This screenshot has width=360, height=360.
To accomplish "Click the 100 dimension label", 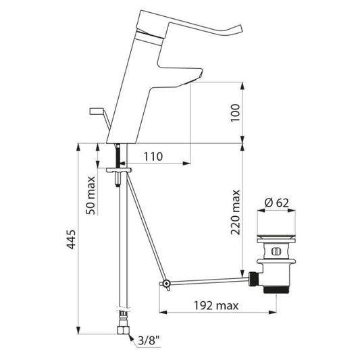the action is (235, 113).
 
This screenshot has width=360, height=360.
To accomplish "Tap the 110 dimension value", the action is (153, 157).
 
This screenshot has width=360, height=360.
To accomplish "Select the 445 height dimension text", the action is (71, 239).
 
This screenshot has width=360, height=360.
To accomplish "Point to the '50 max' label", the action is (91, 195).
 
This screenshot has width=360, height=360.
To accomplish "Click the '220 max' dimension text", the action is (235, 212).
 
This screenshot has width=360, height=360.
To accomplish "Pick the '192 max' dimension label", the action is (216, 305).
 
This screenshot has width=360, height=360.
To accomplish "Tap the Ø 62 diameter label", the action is (276, 203).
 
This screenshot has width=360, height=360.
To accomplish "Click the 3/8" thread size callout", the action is (149, 340).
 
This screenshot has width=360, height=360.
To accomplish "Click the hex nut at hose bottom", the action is (124, 330).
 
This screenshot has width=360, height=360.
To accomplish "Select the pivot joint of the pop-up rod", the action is (166, 283).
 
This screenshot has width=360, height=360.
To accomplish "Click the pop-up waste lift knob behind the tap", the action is (97, 111).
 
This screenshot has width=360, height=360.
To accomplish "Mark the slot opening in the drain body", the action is (276, 251).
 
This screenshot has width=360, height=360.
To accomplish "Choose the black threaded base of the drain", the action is (276, 290).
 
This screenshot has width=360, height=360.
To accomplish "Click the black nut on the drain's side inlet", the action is (254, 278).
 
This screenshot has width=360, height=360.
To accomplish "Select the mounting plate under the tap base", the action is (119, 170).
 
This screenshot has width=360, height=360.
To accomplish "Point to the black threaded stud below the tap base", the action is (118, 155).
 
